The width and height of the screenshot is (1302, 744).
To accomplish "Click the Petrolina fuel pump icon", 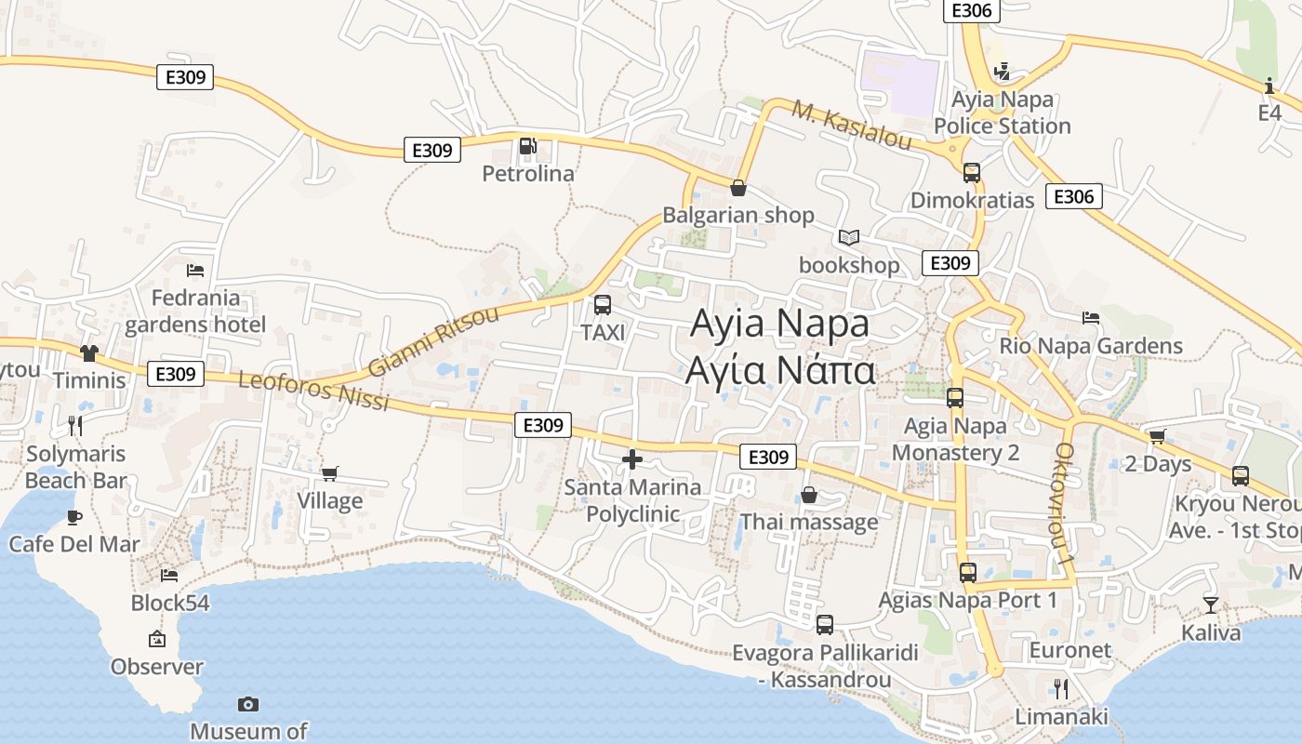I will click(527, 146).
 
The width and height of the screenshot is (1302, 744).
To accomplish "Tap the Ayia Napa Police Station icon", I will click(1002, 72).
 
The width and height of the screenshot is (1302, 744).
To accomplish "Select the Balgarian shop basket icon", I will click(738, 188).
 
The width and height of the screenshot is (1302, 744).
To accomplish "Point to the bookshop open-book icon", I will click(848, 238).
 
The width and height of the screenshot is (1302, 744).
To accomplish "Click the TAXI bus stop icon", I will click(603, 304).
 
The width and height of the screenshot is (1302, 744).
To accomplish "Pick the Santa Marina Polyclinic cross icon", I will click(632, 459).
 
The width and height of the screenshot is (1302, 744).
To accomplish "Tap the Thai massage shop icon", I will click(809, 495).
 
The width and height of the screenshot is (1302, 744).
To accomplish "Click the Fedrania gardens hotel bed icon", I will click(195, 271).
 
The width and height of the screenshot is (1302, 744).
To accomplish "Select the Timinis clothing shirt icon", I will click(89, 353).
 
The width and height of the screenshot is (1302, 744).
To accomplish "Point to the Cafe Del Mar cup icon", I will click(74, 517).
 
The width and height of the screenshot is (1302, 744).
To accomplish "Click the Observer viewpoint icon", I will click(157, 639).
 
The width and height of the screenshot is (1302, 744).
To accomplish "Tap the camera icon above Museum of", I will click(248, 704).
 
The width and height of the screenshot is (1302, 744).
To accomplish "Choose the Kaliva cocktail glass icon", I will click(1210, 605).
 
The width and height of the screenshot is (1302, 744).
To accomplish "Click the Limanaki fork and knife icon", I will click(1060, 689).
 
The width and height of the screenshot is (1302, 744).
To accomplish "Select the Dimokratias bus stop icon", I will click(972, 173).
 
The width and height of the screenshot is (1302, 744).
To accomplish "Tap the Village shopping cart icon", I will click(329, 473).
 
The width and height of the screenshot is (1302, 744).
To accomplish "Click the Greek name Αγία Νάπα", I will click(779, 370).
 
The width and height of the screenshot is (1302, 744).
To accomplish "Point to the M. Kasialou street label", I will click(851, 126).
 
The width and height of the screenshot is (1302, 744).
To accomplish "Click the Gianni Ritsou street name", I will click(433, 340).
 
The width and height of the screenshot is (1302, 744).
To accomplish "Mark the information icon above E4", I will click(1269, 86).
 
